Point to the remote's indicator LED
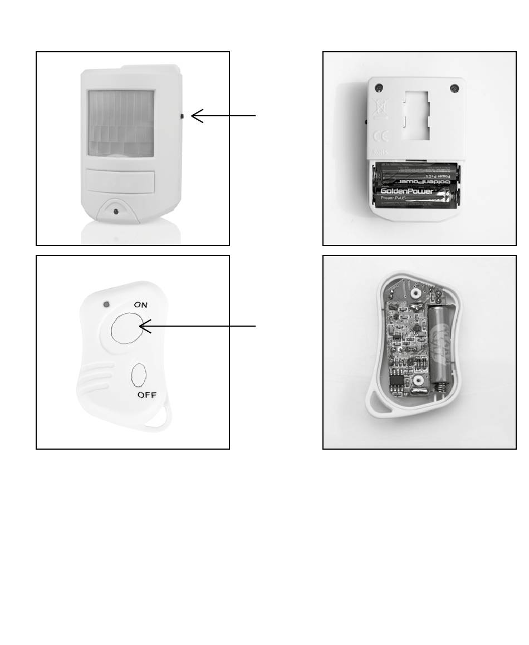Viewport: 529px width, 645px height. tap(106, 304)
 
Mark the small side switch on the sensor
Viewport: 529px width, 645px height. tap(183, 116)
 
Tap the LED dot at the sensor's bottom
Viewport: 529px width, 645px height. tap(115, 211)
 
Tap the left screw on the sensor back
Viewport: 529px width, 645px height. tap(379, 87)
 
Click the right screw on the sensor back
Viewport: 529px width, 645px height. tap(454, 88)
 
